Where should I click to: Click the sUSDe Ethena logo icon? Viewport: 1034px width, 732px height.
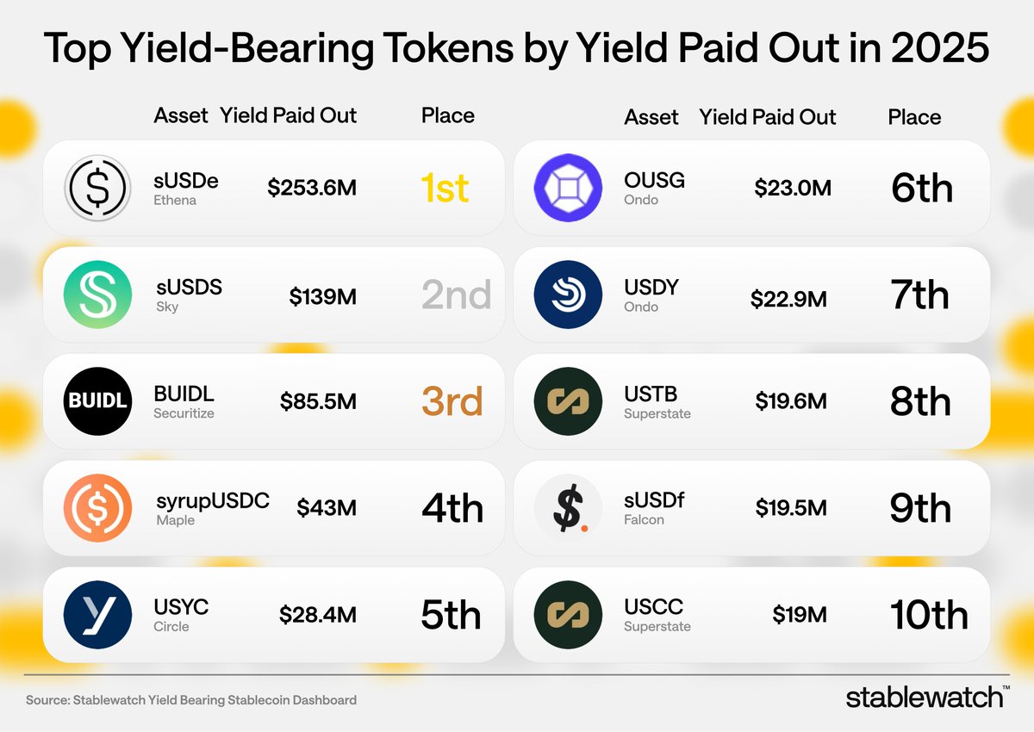pos(97,188)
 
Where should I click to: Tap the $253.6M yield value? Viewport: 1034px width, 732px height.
pos(311,188)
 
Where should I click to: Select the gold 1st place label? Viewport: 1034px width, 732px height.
pos(445,189)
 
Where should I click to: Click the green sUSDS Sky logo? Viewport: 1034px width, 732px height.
pos(97,295)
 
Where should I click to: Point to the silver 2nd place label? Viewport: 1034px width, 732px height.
pos(456,295)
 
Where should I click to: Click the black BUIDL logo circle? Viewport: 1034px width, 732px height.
pos(97,401)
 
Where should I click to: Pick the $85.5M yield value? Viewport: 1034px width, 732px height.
pos(317,401)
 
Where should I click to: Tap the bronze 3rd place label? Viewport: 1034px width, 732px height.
pos(452,402)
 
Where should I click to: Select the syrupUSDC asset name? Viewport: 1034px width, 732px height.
pos(213,501)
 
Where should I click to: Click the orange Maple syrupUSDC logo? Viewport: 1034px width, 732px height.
pos(97,508)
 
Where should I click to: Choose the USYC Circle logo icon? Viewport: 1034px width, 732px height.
pos(97,615)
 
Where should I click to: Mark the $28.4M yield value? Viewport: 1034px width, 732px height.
pos(317,615)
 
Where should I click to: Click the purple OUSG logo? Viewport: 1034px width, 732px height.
pos(568,188)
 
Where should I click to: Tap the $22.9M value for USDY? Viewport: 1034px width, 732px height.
pos(788,299)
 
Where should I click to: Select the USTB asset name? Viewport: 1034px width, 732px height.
pos(651,394)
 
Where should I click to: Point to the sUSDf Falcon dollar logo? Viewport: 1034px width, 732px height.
pos(568,508)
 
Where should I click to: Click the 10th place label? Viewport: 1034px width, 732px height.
pos(928,616)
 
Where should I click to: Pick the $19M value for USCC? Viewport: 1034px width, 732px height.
pos(799,615)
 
